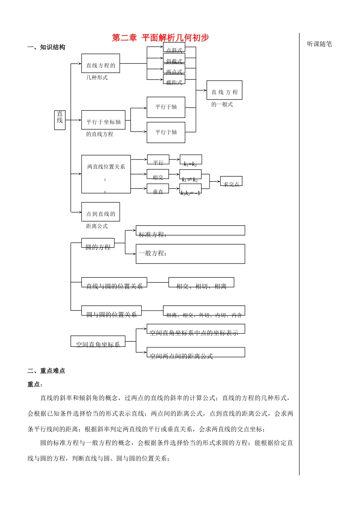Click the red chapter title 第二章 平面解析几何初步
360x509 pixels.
(x=160, y=38)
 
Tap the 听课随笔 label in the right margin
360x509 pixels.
(x=319, y=44)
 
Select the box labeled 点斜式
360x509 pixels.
(x=174, y=48)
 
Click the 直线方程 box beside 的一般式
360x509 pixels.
(x=224, y=90)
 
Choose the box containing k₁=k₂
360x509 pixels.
(x=191, y=160)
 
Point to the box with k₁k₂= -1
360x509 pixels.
(x=190, y=189)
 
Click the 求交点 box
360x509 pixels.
(x=231, y=181)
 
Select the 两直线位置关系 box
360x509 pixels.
(x=106, y=174)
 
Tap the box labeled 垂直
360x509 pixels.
(x=158, y=189)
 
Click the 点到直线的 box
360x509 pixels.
(x=100, y=212)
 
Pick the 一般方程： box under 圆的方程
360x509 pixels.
(x=190, y=254)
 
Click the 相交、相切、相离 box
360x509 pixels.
(x=201, y=283)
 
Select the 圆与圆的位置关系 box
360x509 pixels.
(x=111, y=311)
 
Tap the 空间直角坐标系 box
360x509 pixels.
(x=98, y=341)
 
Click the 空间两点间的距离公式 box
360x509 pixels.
(x=196, y=353)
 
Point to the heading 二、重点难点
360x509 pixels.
(x=46, y=371)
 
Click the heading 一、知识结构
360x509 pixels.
(x=46, y=47)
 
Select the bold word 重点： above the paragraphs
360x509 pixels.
(x=35, y=384)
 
